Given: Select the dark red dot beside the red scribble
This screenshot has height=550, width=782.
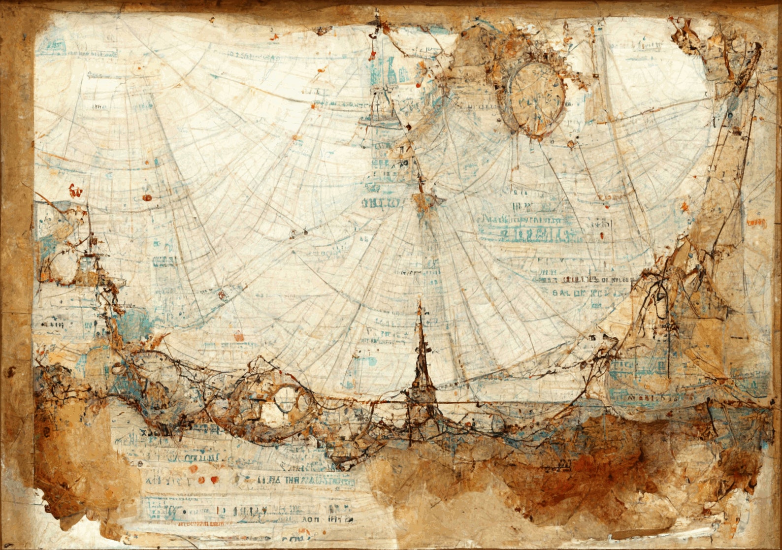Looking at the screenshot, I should tap(146, 197).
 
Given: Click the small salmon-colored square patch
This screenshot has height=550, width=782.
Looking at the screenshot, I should tap(238, 338).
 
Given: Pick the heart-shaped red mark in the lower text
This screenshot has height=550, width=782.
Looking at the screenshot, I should tap(214, 479).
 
